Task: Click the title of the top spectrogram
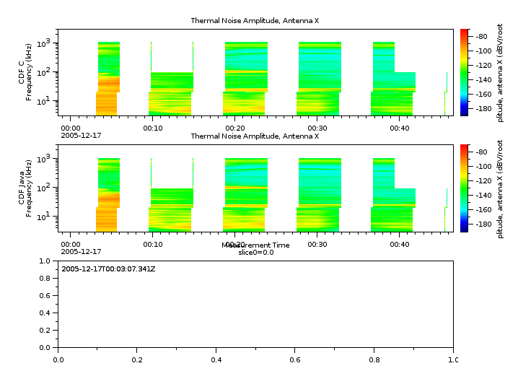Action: [x=255, y=21]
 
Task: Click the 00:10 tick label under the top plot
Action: [x=152, y=128]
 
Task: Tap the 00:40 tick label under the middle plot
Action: [x=400, y=244]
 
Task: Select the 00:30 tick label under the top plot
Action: [x=317, y=128]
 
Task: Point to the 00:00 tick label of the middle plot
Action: [x=70, y=244]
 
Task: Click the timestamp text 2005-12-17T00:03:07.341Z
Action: [x=108, y=269]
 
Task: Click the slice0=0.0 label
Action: [x=255, y=253]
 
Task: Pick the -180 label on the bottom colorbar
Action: [x=483, y=224]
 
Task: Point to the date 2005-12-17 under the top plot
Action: [x=81, y=136]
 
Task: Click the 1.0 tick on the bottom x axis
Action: [x=452, y=359]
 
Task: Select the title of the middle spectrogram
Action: [x=255, y=136]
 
